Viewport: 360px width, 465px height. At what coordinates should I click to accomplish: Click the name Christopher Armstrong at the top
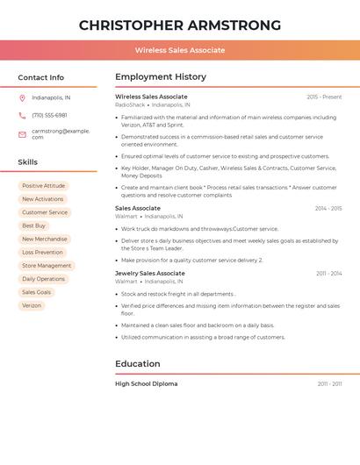(x=180, y=25)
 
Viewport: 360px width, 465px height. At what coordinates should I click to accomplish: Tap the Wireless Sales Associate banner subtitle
(x=180, y=50)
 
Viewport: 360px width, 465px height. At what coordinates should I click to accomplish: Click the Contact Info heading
(x=40, y=77)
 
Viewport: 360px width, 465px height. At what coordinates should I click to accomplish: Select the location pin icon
(x=22, y=97)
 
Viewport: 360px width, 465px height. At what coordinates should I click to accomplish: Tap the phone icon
(x=22, y=115)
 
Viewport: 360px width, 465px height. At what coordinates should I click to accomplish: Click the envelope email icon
(x=22, y=134)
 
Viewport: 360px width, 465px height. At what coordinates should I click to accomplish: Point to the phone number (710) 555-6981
(x=49, y=115)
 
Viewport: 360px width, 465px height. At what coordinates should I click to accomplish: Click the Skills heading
(x=28, y=162)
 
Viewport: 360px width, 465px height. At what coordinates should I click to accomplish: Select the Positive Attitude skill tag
(x=43, y=186)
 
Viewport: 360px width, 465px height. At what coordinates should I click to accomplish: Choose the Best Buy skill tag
(x=33, y=225)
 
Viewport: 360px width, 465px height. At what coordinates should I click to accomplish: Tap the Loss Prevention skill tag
(x=42, y=252)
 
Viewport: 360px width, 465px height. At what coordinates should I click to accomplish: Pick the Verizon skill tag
(x=32, y=305)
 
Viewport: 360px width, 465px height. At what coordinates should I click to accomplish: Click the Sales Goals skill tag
(x=36, y=292)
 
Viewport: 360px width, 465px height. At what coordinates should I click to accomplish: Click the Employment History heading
(x=161, y=76)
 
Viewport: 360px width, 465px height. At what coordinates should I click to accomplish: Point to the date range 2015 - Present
(x=324, y=97)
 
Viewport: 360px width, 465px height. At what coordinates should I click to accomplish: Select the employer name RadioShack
(x=130, y=104)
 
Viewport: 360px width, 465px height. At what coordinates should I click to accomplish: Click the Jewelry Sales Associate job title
(x=150, y=273)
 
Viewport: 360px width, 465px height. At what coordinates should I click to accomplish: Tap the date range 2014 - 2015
(x=328, y=208)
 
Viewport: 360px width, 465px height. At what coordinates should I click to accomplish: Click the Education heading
(x=138, y=363)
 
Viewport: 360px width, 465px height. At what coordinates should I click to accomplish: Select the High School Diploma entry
(x=147, y=383)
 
